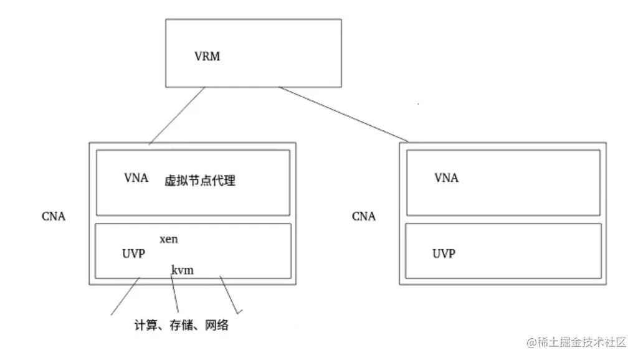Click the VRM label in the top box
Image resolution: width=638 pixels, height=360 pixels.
click(207, 57)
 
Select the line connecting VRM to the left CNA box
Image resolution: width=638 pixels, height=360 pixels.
click(177, 116)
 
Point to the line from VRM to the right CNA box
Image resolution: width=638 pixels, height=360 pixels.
click(343, 114)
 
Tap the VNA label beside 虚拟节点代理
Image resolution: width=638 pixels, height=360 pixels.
click(136, 178)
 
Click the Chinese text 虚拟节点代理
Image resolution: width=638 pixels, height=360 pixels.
click(199, 181)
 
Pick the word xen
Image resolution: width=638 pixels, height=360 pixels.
click(169, 239)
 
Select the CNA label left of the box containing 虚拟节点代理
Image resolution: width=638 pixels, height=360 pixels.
click(53, 217)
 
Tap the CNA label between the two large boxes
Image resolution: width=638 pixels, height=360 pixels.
click(364, 217)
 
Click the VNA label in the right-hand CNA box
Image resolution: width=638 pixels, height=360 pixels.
click(446, 178)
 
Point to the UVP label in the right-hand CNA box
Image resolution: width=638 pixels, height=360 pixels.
click(444, 253)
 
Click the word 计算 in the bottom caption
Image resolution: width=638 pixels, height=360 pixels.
click(145, 325)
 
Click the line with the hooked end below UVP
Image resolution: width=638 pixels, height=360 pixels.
click(229, 294)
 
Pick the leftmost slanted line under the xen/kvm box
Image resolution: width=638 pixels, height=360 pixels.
click(125, 296)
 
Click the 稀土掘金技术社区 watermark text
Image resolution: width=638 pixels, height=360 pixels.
click(581, 343)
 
